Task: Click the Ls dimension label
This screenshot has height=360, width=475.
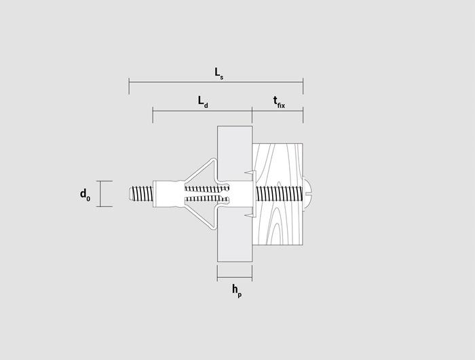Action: click(219, 74)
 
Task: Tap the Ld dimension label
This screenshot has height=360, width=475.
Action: click(203, 102)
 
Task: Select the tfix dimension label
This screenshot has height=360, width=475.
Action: click(279, 102)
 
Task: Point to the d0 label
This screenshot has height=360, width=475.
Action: click(85, 195)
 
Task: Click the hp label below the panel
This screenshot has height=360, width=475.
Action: click(237, 291)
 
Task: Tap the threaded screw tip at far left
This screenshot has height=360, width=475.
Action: click(140, 194)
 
